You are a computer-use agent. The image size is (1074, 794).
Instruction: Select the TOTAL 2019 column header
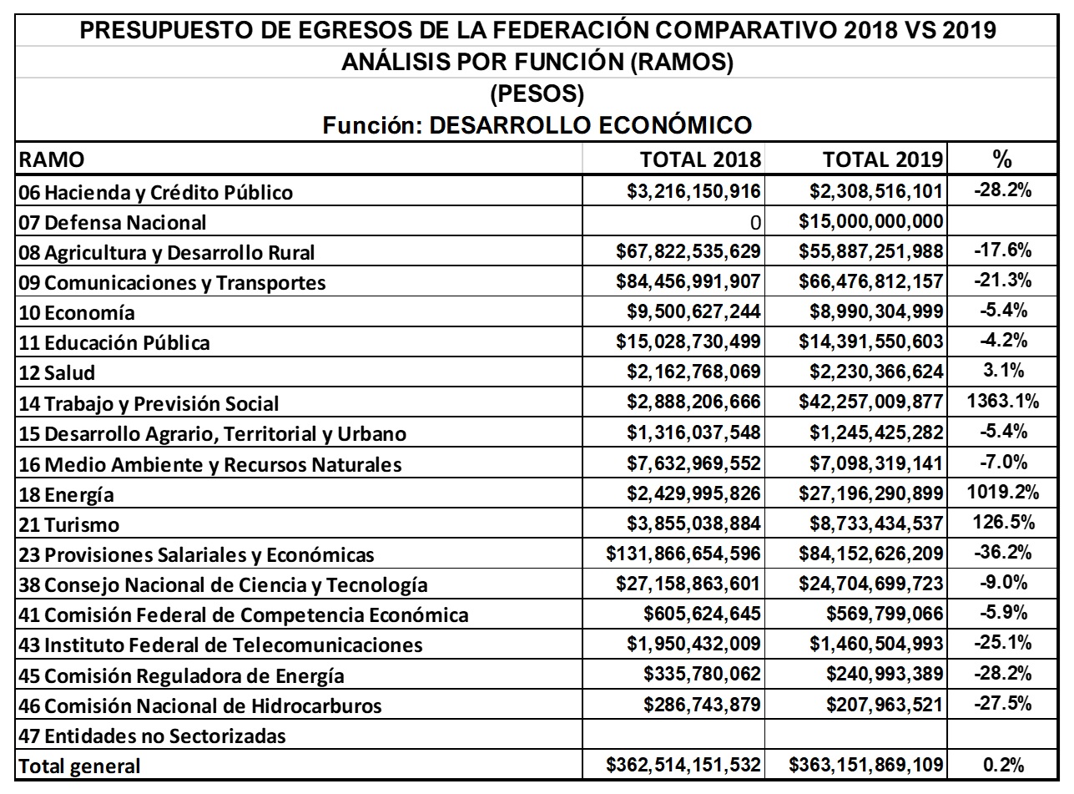coord(882,159)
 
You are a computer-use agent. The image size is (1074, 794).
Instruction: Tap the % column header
coord(1002,159)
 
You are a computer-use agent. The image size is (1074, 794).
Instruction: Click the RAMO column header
coord(51,160)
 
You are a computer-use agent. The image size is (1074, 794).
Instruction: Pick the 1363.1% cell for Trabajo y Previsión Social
coord(1002,402)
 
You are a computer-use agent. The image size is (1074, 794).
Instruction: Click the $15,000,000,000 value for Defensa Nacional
coord(870,221)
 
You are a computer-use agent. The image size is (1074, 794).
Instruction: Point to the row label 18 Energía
coord(66,494)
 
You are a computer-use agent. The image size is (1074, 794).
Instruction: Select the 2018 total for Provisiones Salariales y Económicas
coord(684,554)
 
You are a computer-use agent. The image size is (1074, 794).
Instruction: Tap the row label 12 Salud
coord(57,373)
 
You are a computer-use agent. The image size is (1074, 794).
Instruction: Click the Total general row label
coord(79,766)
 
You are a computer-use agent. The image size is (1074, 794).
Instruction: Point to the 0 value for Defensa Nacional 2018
coord(754,223)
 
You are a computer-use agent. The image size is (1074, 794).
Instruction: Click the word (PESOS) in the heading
coord(537,94)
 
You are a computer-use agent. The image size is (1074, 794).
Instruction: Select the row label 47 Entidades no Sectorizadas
coord(152,736)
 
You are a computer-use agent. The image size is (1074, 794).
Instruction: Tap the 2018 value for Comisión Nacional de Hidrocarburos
coord(702,705)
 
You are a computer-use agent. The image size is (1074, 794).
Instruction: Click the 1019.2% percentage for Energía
coord(1002,493)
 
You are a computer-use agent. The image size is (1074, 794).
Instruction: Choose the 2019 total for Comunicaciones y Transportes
coord(870,281)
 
